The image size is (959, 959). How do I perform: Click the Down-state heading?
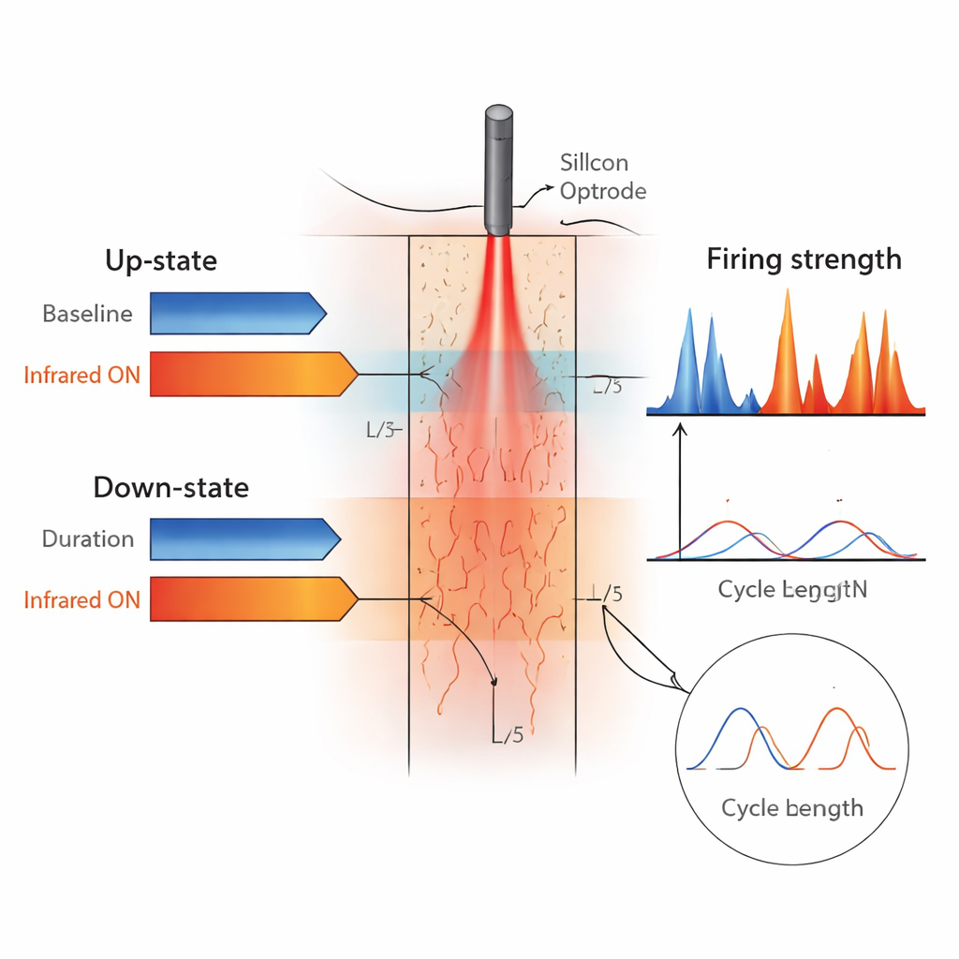click(x=170, y=487)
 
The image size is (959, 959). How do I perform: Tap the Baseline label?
click(x=87, y=314)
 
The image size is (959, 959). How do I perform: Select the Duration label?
click(x=88, y=539)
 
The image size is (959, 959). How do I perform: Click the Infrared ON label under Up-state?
click(x=81, y=375)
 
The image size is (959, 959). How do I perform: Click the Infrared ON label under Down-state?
click(x=81, y=599)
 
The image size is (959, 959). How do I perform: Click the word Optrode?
click(x=603, y=191)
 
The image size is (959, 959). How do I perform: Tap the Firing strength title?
click(x=804, y=258)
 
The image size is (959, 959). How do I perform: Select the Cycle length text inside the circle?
click(x=792, y=806)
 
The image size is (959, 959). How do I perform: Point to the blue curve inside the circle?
click(x=740, y=721)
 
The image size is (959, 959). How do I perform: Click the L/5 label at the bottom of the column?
click(x=507, y=735)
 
